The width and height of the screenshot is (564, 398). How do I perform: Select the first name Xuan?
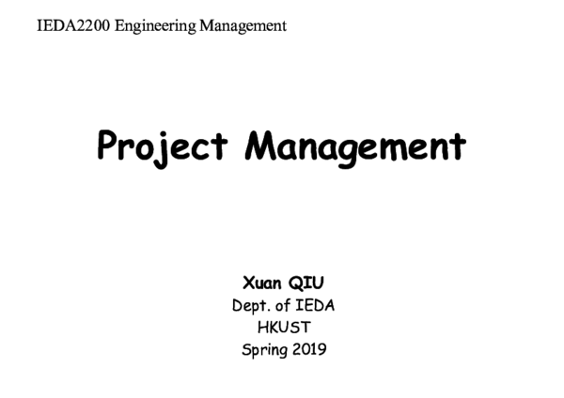click(x=263, y=284)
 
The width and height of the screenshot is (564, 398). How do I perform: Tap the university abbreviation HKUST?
click(x=283, y=328)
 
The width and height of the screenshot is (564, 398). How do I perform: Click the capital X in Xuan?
click(x=247, y=284)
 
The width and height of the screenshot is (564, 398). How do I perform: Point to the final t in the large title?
click(x=459, y=145)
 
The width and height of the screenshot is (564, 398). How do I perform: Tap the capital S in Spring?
click(x=245, y=349)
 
